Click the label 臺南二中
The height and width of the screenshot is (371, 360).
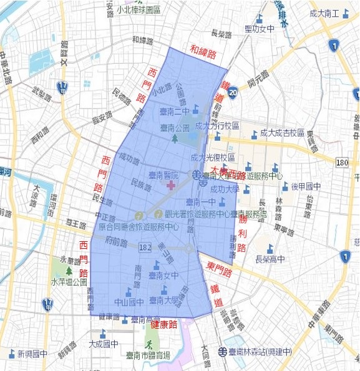pyautogui.click(x=173, y=112)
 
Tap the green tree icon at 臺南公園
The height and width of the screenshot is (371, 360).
pyautogui.click(x=175, y=137)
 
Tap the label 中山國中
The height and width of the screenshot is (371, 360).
pyautogui.click(x=130, y=302)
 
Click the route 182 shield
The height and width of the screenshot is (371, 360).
pyautogui.click(x=145, y=248)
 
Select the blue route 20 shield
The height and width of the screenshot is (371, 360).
pyautogui.click(x=232, y=92)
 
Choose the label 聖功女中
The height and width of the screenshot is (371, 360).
pyautogui.click(x=260, y=28)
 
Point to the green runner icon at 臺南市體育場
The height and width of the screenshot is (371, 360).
pyautogui.click(x=148, y=344)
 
